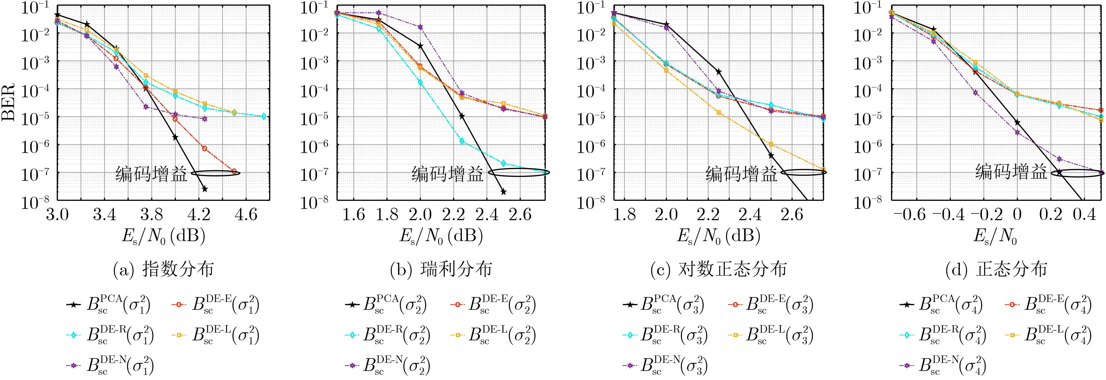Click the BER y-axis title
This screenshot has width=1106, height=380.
tap(9, 102)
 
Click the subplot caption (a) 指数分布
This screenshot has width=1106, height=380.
tap(163, 269)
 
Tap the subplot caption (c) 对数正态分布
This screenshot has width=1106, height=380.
tap(718, 269)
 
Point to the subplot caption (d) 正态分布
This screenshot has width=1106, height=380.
tap(996, 269)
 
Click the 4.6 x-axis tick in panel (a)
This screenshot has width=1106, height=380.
tap(246, 214)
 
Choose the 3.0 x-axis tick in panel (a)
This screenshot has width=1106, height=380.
tap(57, 214)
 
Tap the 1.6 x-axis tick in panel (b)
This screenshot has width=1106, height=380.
tap(353, 214)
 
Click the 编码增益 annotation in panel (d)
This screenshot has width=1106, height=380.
tap(1011, 172)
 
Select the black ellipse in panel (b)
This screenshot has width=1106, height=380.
tap(519, 173)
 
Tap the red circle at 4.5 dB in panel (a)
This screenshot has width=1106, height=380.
tap(234, 171)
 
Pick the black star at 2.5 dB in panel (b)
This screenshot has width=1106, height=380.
tap(504, 192)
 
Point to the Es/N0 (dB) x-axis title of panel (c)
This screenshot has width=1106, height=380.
tap(718, 236)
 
